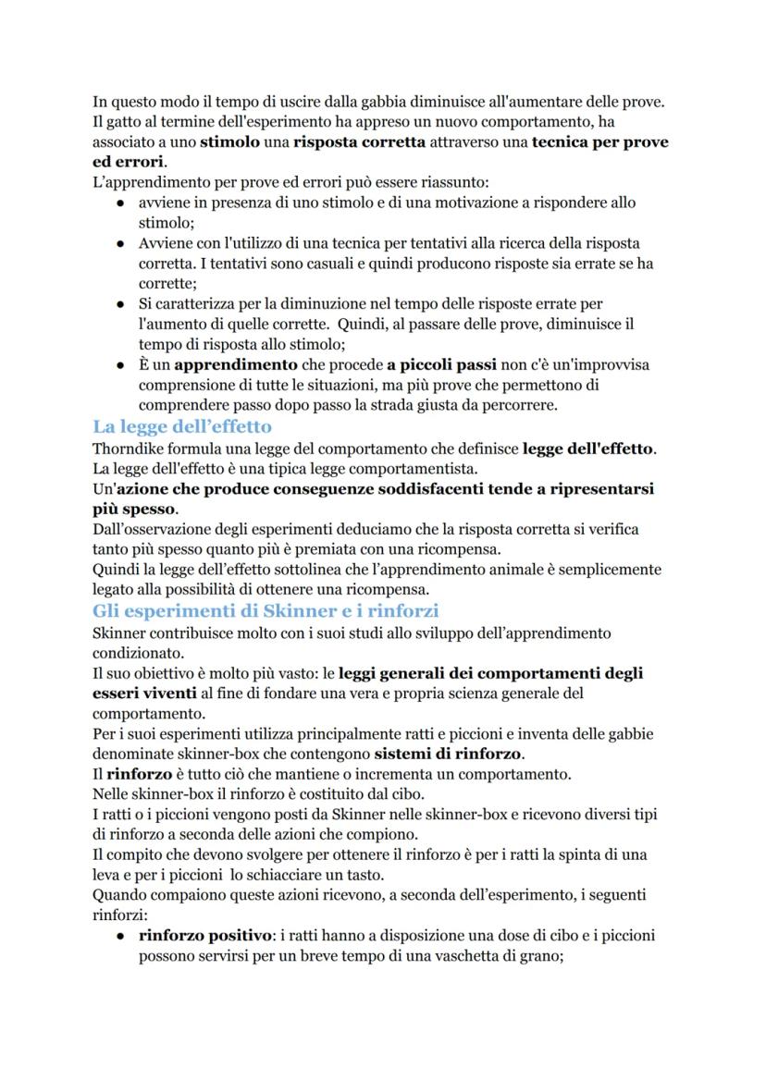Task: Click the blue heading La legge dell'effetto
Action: click(x=182, y=427)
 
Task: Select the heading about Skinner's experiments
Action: click(x=266, y=611)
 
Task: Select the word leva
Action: click(x=108, y=875)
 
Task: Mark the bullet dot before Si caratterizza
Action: click(x=121, y=304)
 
